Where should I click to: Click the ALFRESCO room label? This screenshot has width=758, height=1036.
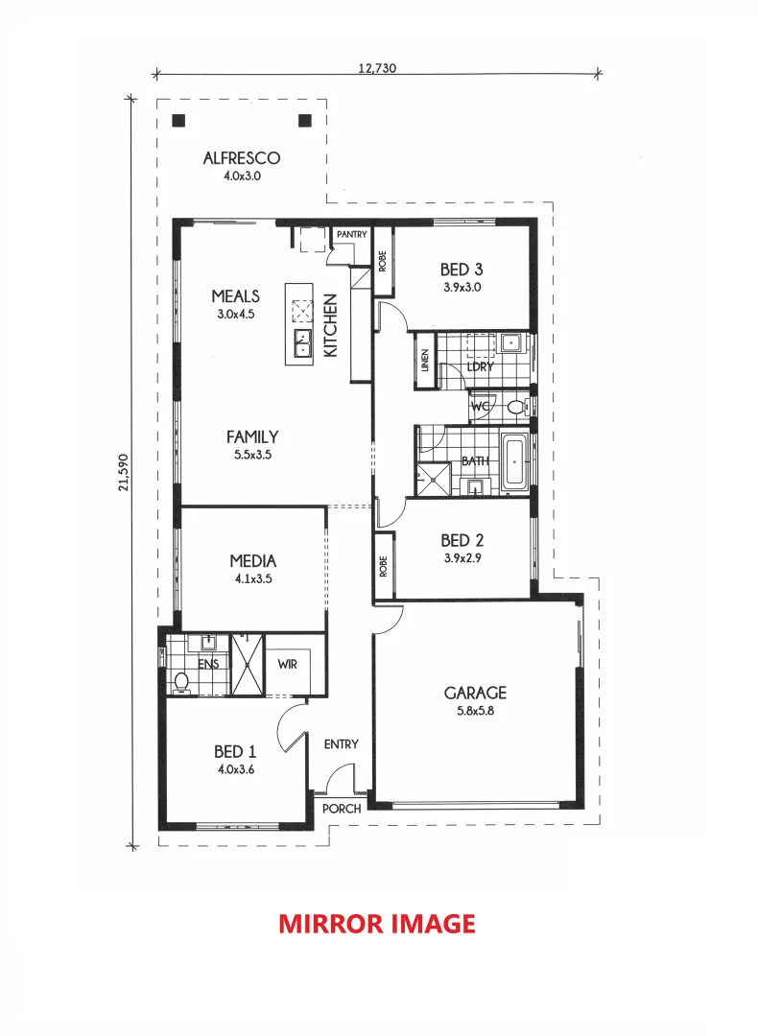click(242, 158)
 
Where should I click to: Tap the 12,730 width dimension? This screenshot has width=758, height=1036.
click(377, 68)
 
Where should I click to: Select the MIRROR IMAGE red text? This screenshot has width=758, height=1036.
click(377, 923)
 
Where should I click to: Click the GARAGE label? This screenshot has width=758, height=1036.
click(475, 693)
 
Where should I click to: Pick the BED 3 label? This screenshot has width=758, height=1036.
click(462, 271)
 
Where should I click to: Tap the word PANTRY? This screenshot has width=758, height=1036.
click(351, 234)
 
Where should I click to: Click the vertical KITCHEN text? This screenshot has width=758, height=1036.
click(331, 325)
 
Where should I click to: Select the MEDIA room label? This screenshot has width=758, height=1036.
click(253, 561)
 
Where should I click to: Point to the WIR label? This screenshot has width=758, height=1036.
click(288, 664)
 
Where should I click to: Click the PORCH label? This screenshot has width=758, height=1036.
click(342, 809)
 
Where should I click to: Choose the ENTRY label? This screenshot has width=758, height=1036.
click(342, 744)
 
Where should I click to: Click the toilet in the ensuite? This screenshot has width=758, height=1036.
click(180, 682)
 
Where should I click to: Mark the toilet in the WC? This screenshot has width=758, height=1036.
click(516, 407)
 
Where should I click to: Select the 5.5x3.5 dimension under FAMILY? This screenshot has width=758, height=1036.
click(253, 456)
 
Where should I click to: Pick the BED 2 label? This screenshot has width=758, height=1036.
click(462, 540)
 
